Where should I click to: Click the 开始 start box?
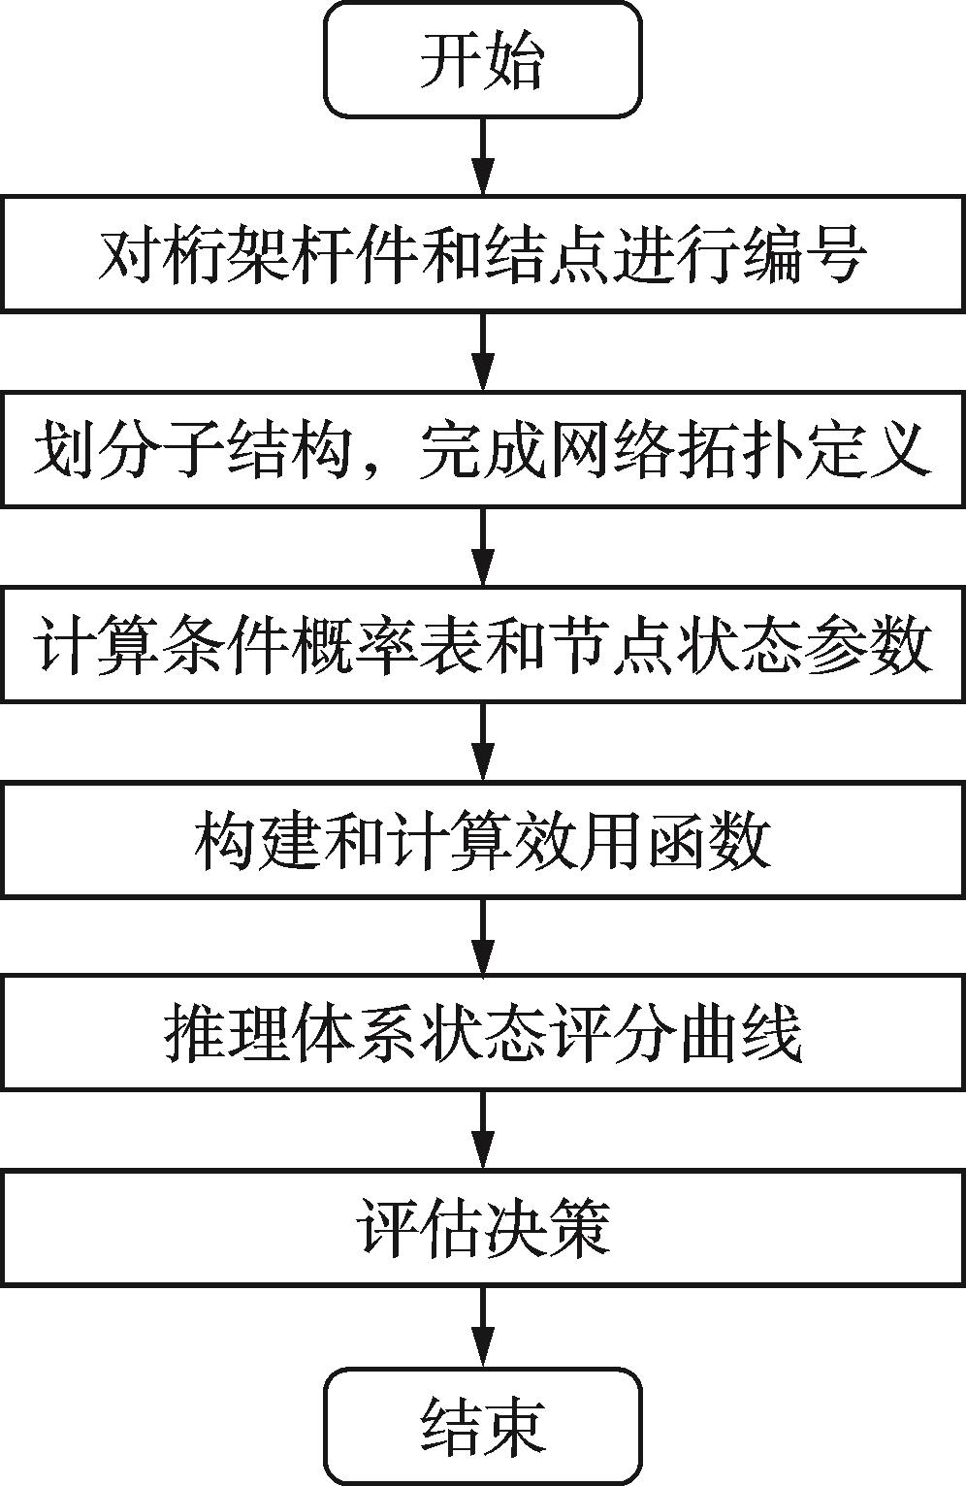tap(482, 60)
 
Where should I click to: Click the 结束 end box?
tap(482, 1425)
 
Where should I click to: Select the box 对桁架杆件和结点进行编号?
tap(482, 254)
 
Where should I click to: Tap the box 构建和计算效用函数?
tap(482, 838)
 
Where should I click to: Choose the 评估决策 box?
tap(482, 1229)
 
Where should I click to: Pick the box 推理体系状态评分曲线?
tap(482, 1033)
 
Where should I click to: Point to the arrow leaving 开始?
tap(482, 156)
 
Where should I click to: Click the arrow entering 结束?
tap(482, 1327)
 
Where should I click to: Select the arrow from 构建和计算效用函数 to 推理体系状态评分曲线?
tap(482, 936)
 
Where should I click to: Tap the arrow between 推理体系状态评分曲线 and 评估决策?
tap(482, 1131)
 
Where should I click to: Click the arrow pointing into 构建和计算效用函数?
tap(482, 741)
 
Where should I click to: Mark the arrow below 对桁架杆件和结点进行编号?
tap(482, 351)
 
